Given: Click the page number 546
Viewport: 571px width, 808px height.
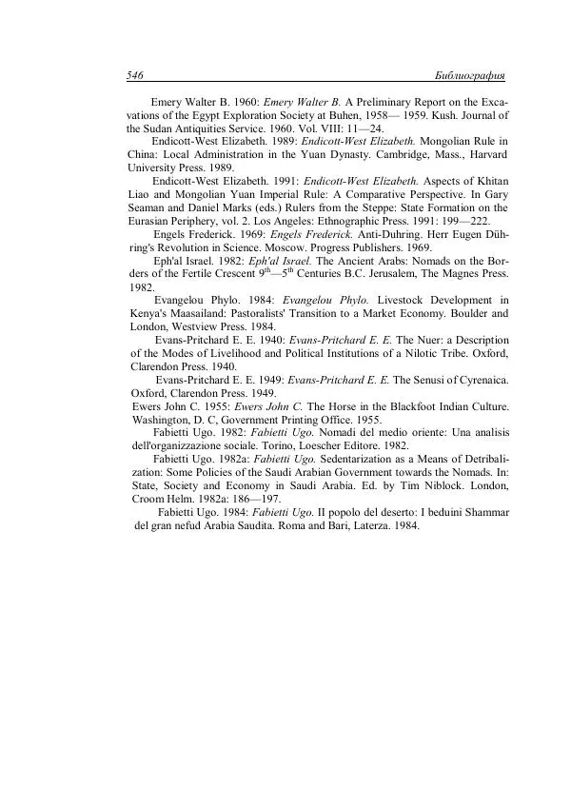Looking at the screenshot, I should point(134,74).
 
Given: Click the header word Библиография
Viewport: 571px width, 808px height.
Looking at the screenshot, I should point(468,74).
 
